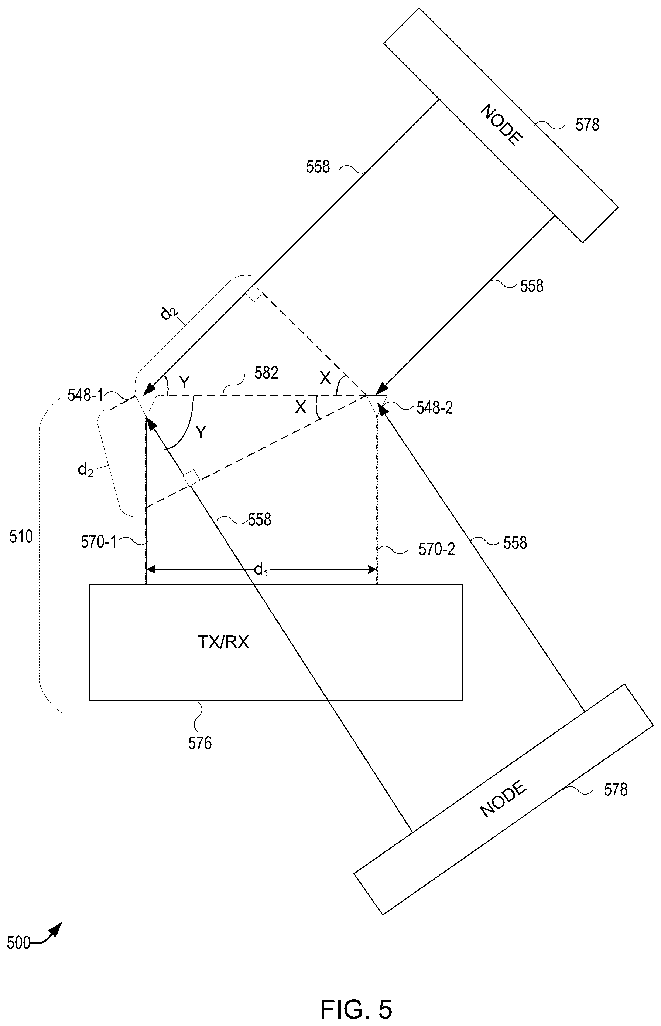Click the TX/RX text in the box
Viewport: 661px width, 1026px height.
[223, 642]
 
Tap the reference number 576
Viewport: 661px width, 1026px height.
[200, 743]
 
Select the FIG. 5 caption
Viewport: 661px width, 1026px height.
[356, 997]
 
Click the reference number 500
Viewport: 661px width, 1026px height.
[18, 943]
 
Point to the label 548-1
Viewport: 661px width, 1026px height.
[85, 395]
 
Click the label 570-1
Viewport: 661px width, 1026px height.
[99, 543]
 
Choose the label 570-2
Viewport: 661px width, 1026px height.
[436, 549]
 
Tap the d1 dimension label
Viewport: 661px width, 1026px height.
[261, 570]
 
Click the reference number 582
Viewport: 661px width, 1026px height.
[266, 373]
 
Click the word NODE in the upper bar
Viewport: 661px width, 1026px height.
[501, 125]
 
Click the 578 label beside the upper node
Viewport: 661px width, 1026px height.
[587, 125]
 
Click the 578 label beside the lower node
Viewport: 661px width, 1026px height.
[616, 790]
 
